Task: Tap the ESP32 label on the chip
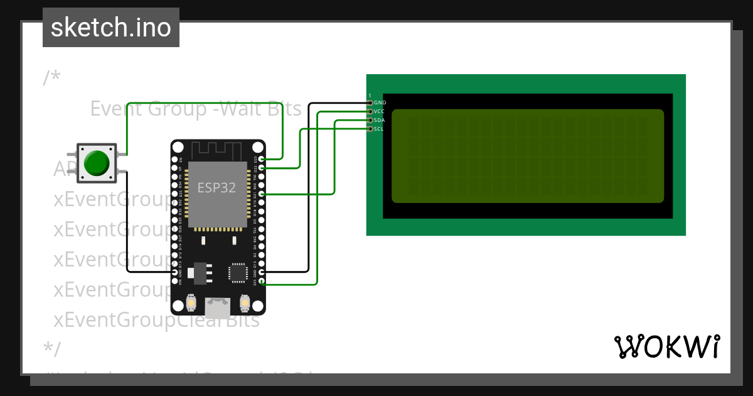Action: coord(217,187)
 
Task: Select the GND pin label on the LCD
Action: coord(380,102)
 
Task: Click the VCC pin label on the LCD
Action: coord(379,111)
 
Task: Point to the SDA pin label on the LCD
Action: coord(379,120)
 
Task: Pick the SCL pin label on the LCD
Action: coord(378,129)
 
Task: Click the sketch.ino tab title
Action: coord(110,28)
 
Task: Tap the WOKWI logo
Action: coord(666,346)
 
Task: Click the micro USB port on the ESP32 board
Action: coord(218,307)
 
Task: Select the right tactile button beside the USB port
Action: coord(245,304)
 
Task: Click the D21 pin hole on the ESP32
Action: coord(262,195)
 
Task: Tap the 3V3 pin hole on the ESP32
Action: coord(262,283)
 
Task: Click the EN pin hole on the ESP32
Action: coord(175,160)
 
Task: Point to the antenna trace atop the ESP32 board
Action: coord(216,150)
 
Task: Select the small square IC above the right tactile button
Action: coord(238,272)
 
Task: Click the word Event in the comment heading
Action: coord(117,109)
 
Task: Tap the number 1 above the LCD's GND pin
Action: coord(370,96)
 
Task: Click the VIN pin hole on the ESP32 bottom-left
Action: coord(175,283)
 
